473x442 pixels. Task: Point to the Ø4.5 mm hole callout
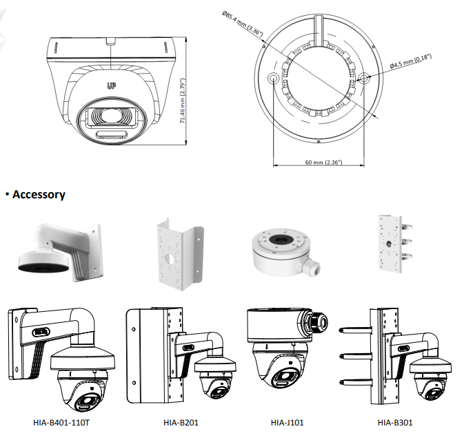tap(411, 61)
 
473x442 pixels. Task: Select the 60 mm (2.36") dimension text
tap(323, 162)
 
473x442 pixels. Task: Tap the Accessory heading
tap(39, 195)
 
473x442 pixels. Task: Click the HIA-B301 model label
tap(396, 422)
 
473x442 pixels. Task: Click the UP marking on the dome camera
tap(110, 85)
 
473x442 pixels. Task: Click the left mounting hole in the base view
tap(274, 78)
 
